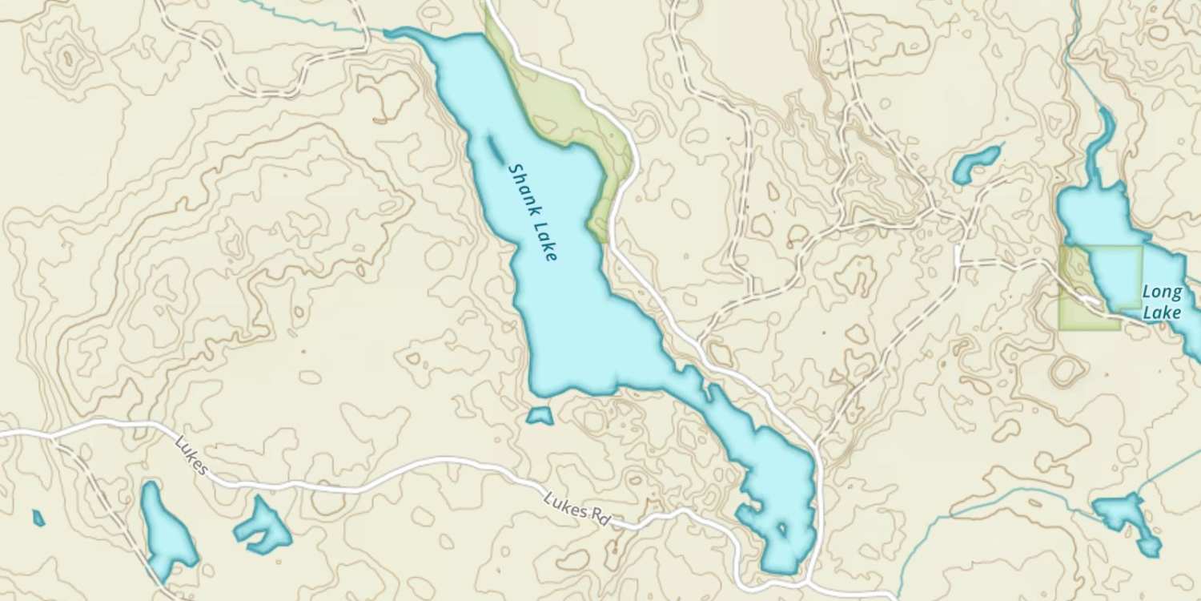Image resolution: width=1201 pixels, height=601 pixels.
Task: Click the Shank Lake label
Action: point(532,212)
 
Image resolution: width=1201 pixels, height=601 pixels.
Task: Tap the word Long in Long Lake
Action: point(1162,292)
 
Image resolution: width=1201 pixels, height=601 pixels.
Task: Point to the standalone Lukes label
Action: point(191,457)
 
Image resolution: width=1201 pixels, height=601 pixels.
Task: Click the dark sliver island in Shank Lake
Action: point(495,148)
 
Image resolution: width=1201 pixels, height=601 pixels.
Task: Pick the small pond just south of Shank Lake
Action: point(540,416)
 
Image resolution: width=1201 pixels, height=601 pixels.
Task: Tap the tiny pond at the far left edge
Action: point(38,518)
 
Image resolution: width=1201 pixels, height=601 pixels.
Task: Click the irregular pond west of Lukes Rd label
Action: point(263,528)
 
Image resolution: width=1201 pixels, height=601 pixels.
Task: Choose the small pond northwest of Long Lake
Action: point(976,163)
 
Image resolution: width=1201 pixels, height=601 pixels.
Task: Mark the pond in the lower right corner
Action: point(1129,518)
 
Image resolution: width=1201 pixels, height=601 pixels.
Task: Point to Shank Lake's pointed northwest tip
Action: point(391,33)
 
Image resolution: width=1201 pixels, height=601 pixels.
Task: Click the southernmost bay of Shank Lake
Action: point(781,553)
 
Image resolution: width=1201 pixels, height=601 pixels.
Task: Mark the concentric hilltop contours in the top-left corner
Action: point(68,58)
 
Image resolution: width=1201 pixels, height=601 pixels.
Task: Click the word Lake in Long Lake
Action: point(1162,313)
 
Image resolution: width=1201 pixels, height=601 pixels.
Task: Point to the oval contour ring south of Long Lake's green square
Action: point(1067,371)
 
